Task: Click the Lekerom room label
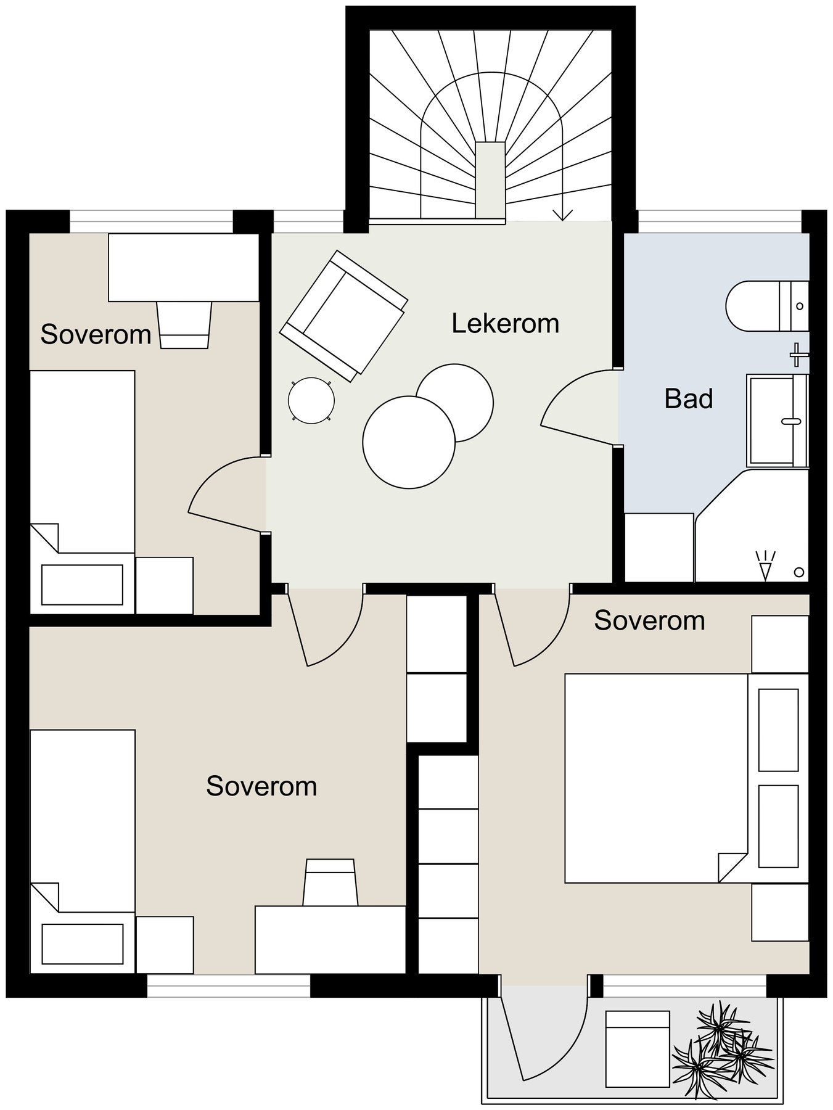[505, 324]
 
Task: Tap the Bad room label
[689, 399]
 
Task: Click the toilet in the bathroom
[767, 306]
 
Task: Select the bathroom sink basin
[778, 420]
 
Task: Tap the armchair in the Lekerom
[343, 315]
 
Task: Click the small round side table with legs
[311, 401]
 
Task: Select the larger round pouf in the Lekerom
[409, 442]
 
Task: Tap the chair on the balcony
[638, 1049]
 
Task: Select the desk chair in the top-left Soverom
[184, 325]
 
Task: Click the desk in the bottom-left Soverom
[330, 939]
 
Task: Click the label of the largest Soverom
[261, 786]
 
